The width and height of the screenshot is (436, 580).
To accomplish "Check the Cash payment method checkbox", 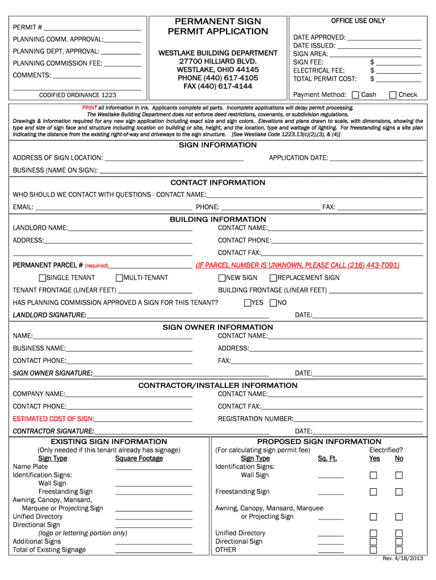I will pos(355,95).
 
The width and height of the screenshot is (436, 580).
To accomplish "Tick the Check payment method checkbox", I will pos(393,95).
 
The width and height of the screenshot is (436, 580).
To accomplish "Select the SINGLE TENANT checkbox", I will pos(42,278).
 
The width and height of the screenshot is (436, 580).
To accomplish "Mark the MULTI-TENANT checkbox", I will pos(119,278).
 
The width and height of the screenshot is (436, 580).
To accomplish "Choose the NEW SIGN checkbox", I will pos(222,278).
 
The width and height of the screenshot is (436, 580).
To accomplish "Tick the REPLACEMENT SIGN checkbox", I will pos(273,278).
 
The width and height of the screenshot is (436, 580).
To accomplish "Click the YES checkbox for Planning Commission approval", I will pos(247,303).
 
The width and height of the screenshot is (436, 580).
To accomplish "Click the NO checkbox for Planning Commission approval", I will pos(273,303).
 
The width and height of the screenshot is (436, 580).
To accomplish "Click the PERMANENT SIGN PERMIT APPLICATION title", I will pos(218,26).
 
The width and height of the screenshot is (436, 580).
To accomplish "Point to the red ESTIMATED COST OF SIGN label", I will pos(53,419).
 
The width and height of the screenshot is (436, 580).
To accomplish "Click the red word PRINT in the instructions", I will pos(89,108).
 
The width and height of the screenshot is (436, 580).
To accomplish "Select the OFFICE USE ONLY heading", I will pos(358,21).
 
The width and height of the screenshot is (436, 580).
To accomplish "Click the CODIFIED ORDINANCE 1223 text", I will pos(78,95).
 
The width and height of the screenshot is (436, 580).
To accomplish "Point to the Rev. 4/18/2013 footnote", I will pos(403,559).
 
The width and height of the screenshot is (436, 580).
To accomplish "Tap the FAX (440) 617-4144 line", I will pos(218,86).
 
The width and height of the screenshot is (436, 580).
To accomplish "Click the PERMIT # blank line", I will pos(92,28).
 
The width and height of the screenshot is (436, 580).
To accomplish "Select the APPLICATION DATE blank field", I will pos(376,159).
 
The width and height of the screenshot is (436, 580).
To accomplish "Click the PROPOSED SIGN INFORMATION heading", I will pos(319,442).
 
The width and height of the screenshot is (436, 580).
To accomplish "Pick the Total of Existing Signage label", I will pos(49,550).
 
